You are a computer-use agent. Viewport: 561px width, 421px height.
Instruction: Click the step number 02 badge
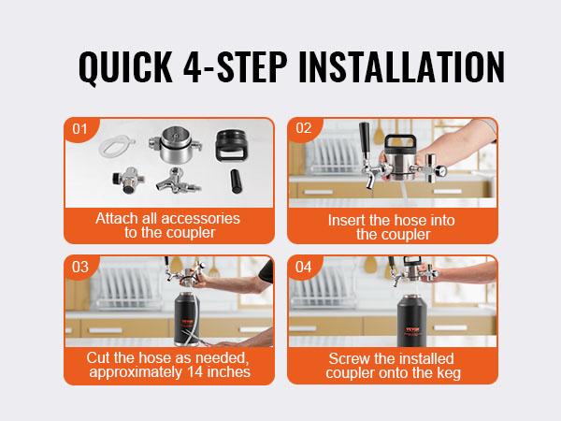pos(303,129)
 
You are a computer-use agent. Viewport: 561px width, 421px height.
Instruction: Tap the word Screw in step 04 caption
pos(351,357)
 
